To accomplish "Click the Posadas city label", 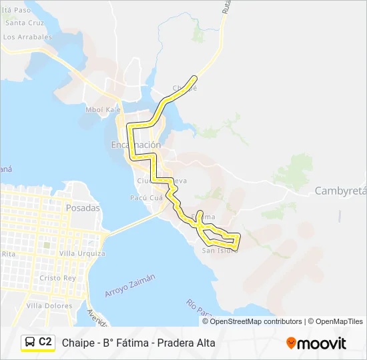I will point(83,207).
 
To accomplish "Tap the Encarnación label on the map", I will point(136,145).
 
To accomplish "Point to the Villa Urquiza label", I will point(82,253).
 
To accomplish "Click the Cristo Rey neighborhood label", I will point(59,277).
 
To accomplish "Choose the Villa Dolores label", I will point(49,305).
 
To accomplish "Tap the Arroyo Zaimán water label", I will point(129,286).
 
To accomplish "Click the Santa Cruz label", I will point(25,22).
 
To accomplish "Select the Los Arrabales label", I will point(27,37).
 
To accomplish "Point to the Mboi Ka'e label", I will point(102,109).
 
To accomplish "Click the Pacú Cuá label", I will point(147,198).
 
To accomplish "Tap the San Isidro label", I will point(219,250).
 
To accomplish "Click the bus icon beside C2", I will point(30,342).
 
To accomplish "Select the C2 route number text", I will point(45,342).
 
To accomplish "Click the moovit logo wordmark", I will point(322,343).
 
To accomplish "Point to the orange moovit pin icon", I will point(291,343).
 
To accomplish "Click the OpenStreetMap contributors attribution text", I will point(256,321).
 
